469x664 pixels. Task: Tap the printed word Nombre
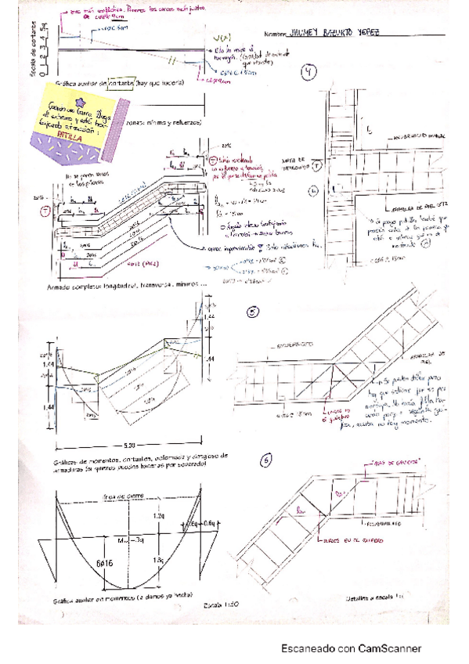tap(276, 34)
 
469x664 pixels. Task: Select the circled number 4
tap(311, 74)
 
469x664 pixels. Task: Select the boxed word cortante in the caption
tap(121, 84)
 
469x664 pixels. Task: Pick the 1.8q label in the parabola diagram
tap(160, 561)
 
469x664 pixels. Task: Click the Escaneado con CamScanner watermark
tap(352, 648)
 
